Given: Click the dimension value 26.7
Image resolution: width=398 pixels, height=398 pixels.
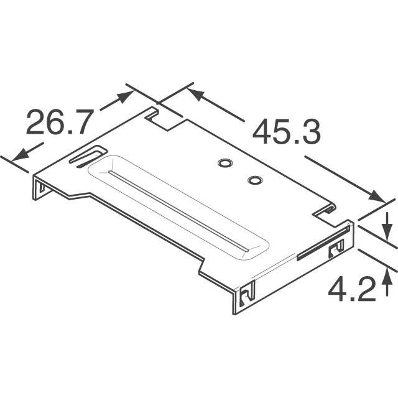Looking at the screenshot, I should coord(59,123).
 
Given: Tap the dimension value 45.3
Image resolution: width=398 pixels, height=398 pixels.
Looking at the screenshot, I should coord(286,132).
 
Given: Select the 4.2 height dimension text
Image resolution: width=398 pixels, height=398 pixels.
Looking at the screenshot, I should coord(352,289).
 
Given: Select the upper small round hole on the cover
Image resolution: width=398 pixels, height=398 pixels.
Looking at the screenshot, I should coord(224,164).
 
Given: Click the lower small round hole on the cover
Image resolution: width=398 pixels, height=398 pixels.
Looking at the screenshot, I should coord(254,180).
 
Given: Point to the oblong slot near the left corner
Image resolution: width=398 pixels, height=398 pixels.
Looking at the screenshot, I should coord(87,156).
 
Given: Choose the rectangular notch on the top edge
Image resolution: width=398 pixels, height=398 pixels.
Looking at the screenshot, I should coord(166,119).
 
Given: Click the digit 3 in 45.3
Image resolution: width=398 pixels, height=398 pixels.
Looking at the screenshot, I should coord(309,132).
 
